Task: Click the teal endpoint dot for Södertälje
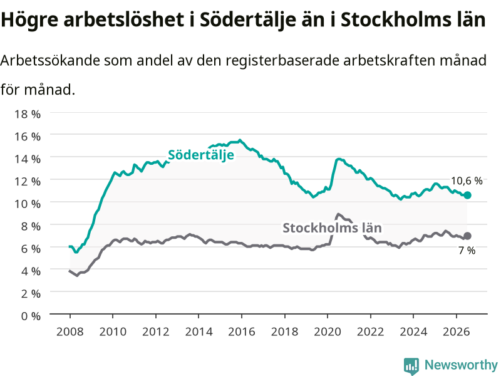click(x=467, y=195)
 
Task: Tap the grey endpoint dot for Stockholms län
click(x=467, y=236)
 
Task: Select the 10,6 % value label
click(x=467, y=181)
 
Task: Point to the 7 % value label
click(x=467, y=250)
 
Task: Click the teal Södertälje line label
click(x=201, y=155)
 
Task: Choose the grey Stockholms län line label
click(x=332, y=228)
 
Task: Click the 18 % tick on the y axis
click(x=28, y=114)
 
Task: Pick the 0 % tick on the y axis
click(x=31, y=316)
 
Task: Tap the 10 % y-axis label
click(x=28, y=204)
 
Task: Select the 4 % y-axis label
click(x=31, y=271)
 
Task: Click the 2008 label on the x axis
click(x=70, y=332)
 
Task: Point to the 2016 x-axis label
click(x=242, y=332)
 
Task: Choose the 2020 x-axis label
click(x=328, y=332)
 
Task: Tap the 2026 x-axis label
click(x=457, y=332)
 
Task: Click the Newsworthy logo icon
click(x=411, y=366)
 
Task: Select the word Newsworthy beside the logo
click(x=461, y=365)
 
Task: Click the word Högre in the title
click(x=29, y=20)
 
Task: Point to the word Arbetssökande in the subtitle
click(x=50, y=60)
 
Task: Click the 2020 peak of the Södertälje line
click(x=339, y=159)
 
